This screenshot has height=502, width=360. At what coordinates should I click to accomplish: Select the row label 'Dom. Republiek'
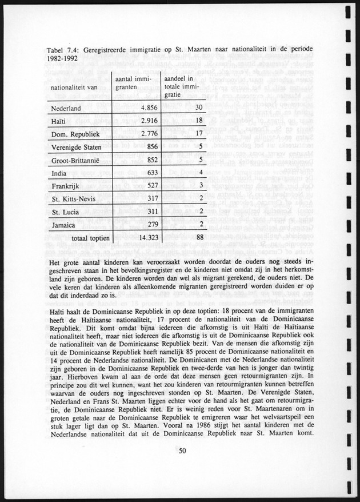point(76,135)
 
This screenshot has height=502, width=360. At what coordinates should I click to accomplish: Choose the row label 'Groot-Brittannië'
point(77,161)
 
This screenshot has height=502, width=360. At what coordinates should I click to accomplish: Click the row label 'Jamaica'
point(63,225)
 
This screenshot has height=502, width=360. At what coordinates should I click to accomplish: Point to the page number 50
point(182,452)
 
